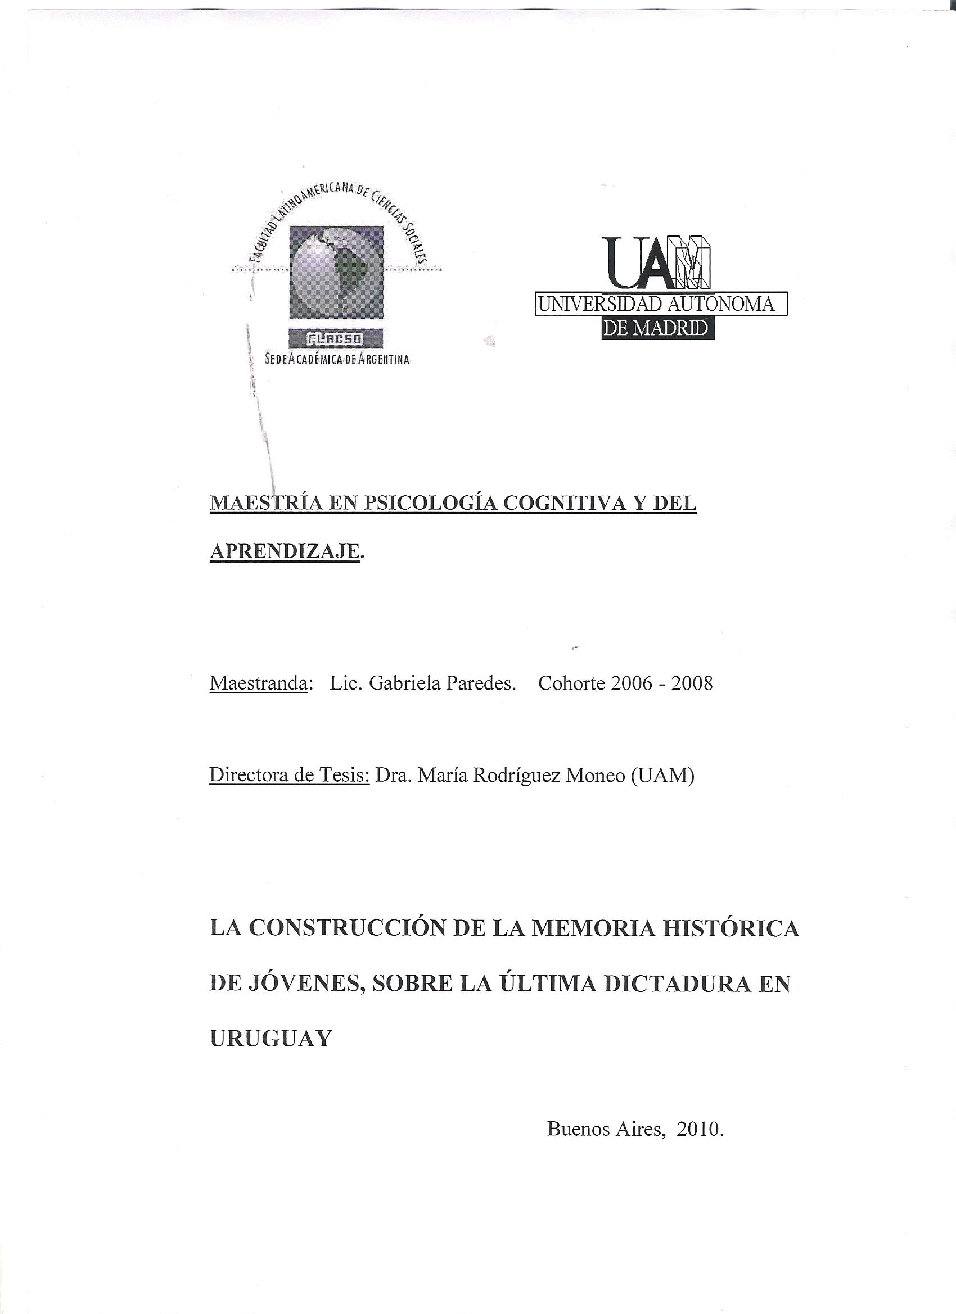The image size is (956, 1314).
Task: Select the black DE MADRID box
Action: coord(657,328)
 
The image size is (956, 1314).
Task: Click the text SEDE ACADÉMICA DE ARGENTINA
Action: coord(337,359)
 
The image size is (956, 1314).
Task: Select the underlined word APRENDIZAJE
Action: coord(284,551)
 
